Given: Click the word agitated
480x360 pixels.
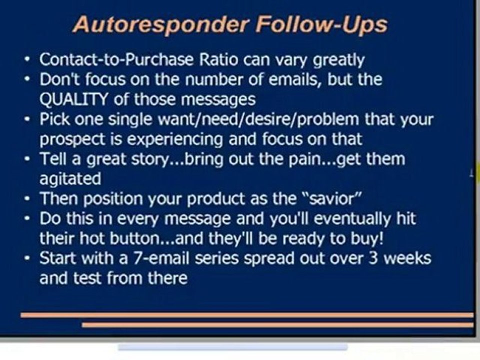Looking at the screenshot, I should tap(70, 178).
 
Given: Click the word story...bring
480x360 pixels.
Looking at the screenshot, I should tap(179, 159).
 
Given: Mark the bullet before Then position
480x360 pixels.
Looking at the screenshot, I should tap(28, 199).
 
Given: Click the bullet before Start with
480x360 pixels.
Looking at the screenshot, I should tap(28, 259).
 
